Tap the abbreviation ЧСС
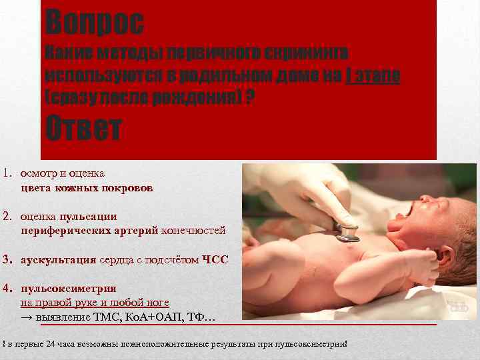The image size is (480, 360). [x=215, y=260]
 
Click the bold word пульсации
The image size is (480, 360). [x=88, y=216]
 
